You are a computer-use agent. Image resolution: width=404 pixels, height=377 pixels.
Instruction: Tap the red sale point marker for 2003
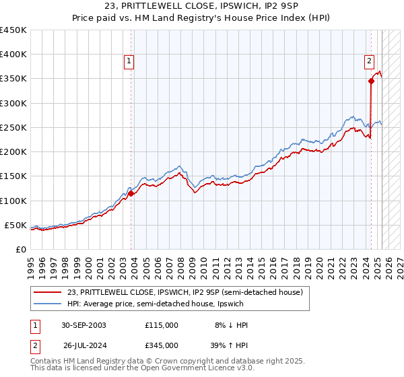pyautogui.click(x=131, y=194)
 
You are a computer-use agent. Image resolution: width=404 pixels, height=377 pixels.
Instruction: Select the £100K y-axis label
pyautogui.click(x=13, y=201)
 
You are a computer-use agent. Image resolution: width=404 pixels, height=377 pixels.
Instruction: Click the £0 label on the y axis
pyautogui.click(x=20, y=249)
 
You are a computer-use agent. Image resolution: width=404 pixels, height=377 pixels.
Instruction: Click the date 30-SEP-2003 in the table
pyautogui.click(x=83, y=325)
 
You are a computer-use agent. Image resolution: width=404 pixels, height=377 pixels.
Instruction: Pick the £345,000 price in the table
pyautogui.click(x=162, y=345)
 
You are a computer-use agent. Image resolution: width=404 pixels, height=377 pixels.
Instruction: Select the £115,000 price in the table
pyautogui.click(x=162, y=325)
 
